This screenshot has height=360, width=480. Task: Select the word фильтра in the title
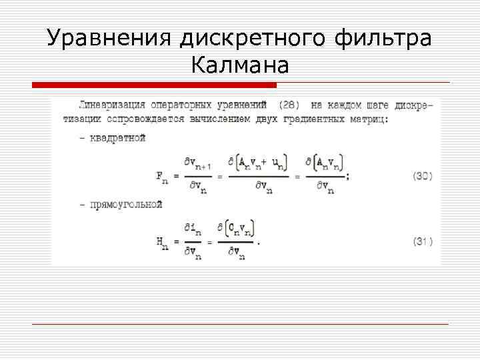coord(386,38)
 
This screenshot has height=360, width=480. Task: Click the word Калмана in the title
coord(240,65)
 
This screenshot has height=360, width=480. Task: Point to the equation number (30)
coord(422,176)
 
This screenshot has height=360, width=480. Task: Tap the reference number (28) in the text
coord(289,105)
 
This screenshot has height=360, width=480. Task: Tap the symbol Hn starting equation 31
coord(162,243)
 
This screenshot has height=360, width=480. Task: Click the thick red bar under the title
coord(154,85)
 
